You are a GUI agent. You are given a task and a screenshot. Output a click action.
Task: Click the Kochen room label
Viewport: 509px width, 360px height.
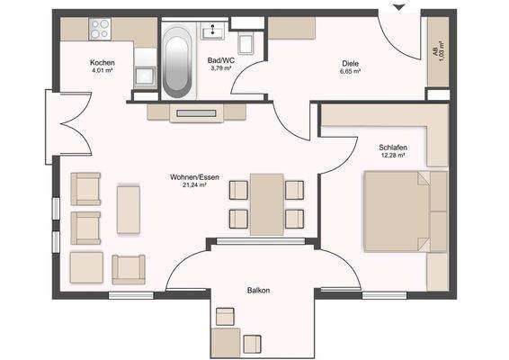pyautogui.click(x=102, y=62)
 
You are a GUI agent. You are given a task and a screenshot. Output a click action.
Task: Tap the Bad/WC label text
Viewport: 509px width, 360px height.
pyautogui.click(x=220, y=59)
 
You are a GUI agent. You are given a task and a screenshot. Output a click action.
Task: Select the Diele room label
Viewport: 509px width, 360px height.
pyautogui.click(x=350, y=62)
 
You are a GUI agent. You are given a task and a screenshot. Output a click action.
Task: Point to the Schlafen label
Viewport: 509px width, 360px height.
pyautogui.click(x=393, y=146)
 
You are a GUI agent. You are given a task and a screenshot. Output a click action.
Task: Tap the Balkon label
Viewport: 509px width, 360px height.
pyautogui.click(x=259, y=290)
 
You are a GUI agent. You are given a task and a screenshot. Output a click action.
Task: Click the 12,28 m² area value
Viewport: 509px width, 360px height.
pyautogui.click(x=393, y=155)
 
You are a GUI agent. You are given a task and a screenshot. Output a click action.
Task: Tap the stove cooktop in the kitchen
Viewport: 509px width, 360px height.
pyautogui.click(x=100, y=29)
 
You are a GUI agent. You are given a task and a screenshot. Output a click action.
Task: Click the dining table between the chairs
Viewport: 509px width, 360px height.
pyautogui.click(x=266, y=203)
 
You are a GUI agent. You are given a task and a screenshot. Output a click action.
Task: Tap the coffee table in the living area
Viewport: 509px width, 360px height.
pyautogui.click(x=129, y=209)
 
